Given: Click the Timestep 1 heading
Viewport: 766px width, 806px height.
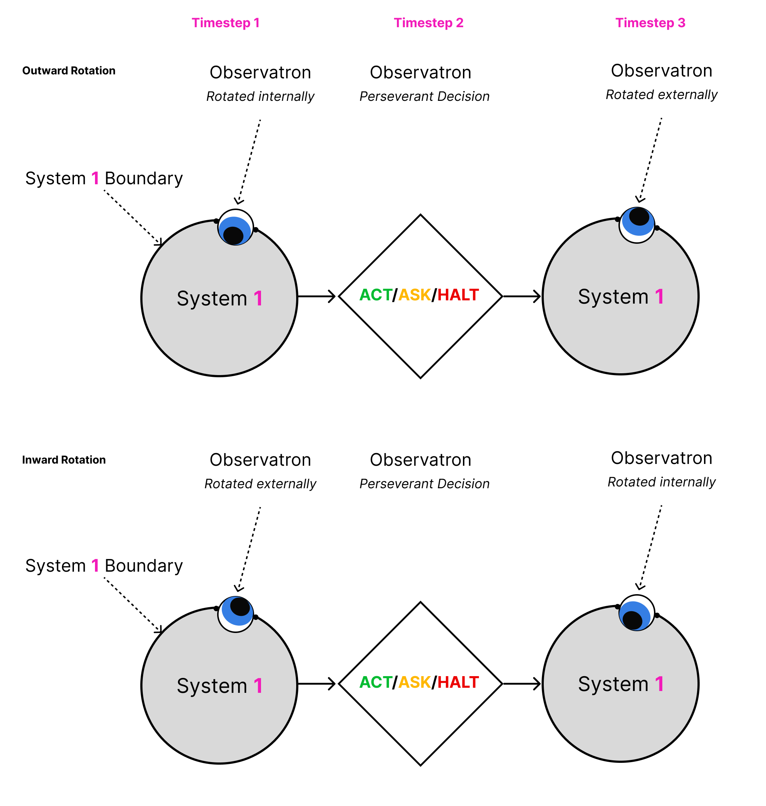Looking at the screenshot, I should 225,23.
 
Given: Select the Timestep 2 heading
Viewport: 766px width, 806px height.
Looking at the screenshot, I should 428,23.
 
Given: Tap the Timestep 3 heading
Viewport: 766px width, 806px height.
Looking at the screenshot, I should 650,23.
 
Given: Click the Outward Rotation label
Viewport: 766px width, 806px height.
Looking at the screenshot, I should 69,71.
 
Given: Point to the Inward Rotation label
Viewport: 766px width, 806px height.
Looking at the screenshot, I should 64,460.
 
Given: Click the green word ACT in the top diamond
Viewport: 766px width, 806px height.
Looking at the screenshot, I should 375,295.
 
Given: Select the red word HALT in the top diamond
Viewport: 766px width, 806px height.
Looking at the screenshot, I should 458,295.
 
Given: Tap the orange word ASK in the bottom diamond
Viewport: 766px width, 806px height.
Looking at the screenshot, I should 414,682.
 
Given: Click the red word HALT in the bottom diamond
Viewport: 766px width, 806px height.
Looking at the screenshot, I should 458,682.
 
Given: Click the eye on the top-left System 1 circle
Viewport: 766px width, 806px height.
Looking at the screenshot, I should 236,227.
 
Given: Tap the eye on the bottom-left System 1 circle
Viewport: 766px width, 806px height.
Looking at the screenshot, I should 236,614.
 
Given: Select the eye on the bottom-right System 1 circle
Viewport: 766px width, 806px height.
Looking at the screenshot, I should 637,613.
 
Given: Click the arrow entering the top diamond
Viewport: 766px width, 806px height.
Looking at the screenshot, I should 316,296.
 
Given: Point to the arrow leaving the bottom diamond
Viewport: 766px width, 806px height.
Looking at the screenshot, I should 522,683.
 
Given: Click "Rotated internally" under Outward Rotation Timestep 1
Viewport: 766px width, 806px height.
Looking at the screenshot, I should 260,96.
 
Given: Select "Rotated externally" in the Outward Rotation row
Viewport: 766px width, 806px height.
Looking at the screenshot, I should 661,95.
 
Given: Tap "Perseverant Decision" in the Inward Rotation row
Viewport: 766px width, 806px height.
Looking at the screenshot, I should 424,484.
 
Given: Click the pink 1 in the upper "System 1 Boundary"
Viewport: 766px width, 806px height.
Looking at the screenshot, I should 95,178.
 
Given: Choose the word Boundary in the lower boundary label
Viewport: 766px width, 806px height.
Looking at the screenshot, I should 144,566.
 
